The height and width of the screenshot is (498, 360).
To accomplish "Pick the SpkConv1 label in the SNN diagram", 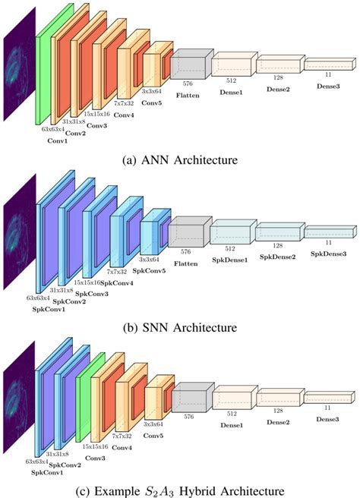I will click(x=48, y=308).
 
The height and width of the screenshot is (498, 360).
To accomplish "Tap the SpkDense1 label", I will click(x=232, y=259).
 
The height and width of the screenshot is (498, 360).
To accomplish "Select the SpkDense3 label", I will click(x=329, y=254).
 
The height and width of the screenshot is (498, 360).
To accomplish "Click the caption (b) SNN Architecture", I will click(x=180, y=327).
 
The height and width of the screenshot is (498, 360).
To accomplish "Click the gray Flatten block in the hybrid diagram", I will click(x=187, y=399).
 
